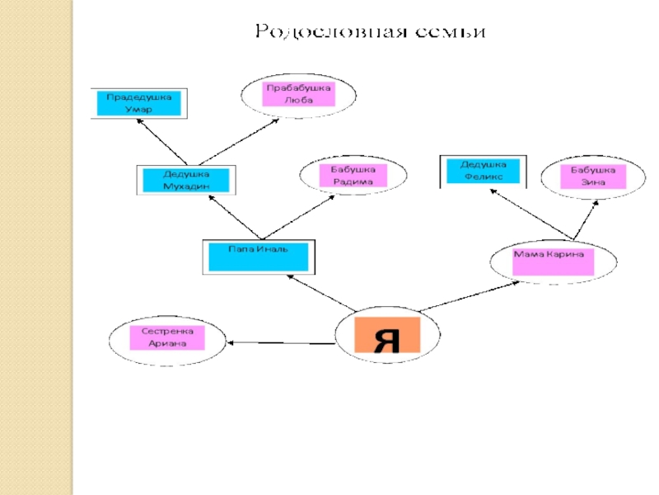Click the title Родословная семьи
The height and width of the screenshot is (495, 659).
coord(370,32)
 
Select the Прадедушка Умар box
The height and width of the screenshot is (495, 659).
coord(139,103)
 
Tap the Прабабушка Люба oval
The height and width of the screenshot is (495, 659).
coord(298,94)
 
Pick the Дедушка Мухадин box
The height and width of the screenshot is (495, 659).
coord(185,180)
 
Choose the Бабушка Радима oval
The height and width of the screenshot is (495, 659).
coord(353,176)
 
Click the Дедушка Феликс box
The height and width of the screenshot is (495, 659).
coord(483,171)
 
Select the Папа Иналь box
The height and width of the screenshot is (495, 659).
coord(258,256)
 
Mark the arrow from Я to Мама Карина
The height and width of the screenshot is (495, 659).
coord(470,296)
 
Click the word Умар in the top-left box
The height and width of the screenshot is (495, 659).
coord(138,109)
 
